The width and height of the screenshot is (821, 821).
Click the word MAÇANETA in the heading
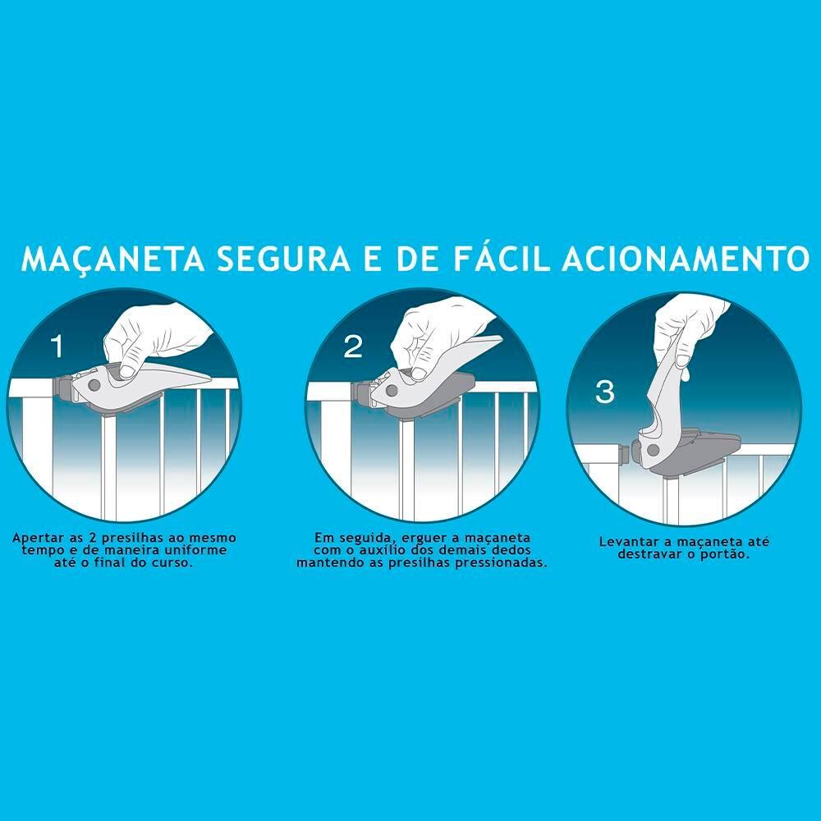pyautogui.click(x=113, y=258)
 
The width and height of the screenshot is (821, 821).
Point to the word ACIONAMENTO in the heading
pyautogui.click(x=686, y=258)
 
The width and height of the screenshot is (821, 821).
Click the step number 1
pyautogui.click(x=57, y=346)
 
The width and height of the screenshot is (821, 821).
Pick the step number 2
pyautogui.click(x=353, y=346)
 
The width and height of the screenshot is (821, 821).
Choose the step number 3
pyautogui.click(x=605, y=392)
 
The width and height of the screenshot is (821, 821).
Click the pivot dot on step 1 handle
pyautogui.click(x=94, y=386)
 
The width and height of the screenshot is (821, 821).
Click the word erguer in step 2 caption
pyautogui.click(x=422, y=539)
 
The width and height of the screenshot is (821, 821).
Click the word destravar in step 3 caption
pyautogui.click(x=648, y=554)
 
